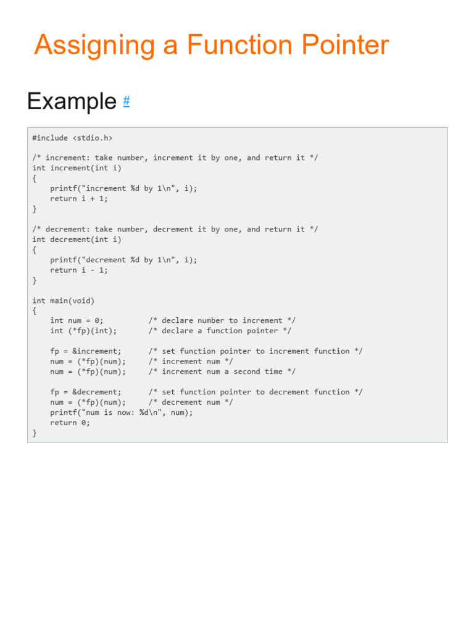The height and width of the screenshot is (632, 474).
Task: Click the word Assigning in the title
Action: (94, 45)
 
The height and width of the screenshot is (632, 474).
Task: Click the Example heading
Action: (72, 101)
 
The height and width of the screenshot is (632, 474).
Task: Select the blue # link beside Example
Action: (126, 101)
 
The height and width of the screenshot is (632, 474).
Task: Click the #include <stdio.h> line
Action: (72, 138)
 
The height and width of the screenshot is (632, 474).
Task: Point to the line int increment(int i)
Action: (77, 168)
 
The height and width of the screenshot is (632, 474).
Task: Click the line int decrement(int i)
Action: (77, 240)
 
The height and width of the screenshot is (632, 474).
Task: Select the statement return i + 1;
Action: (78, 199)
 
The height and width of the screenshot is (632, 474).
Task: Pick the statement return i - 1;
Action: (78, 270)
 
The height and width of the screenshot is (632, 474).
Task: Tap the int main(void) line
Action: (64, 301)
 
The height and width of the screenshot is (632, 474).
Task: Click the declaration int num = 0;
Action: (77, 321)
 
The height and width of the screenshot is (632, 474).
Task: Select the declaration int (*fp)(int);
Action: (83, 331)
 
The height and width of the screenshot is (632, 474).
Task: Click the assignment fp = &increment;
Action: (85, 351)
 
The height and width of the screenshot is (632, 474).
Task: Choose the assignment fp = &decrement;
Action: (85, 392)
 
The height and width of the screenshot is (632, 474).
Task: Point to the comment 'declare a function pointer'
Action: (220, 331)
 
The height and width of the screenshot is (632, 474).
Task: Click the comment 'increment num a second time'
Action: (222, 372)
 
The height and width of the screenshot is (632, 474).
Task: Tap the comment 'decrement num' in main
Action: (191, 402)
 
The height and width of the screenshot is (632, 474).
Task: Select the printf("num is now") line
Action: (122, 413)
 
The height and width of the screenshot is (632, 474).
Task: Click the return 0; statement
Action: (70, 423)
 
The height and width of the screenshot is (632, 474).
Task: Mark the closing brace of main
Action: (35, 433)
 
